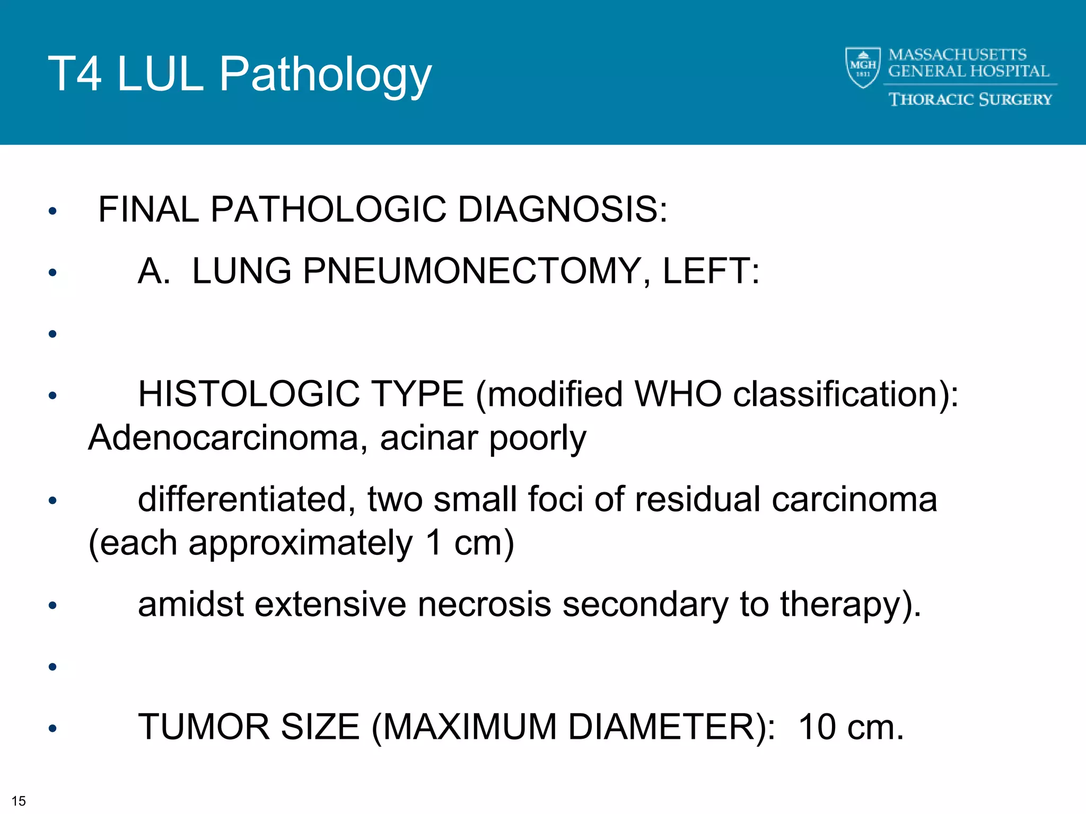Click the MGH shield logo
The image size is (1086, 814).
[863, 67]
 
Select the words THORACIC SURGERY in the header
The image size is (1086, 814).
[970, 100]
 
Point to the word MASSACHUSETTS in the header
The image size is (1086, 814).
[957, 55]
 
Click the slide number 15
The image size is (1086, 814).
[19, 801]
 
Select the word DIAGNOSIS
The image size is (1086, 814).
[562, 209]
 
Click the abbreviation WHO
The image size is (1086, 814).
[678, 394]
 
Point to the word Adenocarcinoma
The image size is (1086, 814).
[223, 438]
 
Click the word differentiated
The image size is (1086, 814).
[242, 499]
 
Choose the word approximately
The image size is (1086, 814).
[300, 543]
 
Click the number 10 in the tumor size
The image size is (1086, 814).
[817, 727]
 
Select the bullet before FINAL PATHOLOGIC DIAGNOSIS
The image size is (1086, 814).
[52, 211]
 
